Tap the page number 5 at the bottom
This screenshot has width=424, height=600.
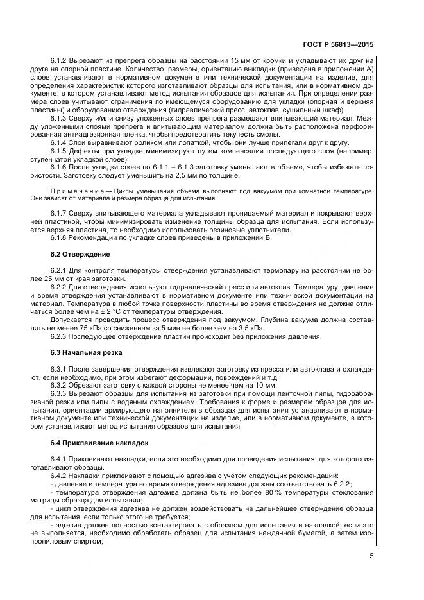tap(372, 556)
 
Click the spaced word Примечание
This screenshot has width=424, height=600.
tap(80, 191)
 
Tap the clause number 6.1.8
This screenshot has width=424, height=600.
tap(59, 237)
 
